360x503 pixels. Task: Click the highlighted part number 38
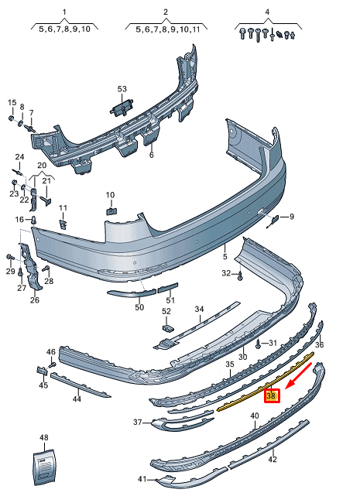pyautogui.click(x=272, y=396)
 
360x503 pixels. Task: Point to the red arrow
pyautogui.click(x=299, y=376)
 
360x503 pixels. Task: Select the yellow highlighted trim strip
pyautogui.click(x=266, y=381)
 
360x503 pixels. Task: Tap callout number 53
pyautogui.click(x=122, y=89)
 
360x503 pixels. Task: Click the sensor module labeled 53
pyautogui.click(x=122, y=108)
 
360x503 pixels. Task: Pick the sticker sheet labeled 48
pyautogui.click(x=45, y=467)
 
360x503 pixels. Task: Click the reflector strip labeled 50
pyautogui.click(x=132, y=293)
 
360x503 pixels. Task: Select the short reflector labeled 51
pyautogui.click(x=167, y=287)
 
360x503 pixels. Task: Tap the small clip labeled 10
pyautogui.click(x=111, y=211)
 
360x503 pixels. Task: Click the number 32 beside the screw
pyautogui.click(x=226, y=273)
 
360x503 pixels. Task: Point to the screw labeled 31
pyautogui.click(x=258, y=344)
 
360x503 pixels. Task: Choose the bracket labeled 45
pyautogui.click(x=42, y=371)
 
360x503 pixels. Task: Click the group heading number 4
pyautogui.click(x=267, y=12)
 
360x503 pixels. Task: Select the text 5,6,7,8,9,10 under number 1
pyautogui.click(x=64, y=29)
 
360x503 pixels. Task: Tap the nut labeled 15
pyautogui.click(x=11, y=118)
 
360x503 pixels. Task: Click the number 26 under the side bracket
pyautogui.click(x=35, y=300)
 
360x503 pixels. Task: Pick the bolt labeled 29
pyautogui.click(x=9, y=257)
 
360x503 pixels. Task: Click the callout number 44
pyautogui.click(x=77, y=399)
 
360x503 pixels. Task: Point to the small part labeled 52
pyautogui.click(x=168, y=328)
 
